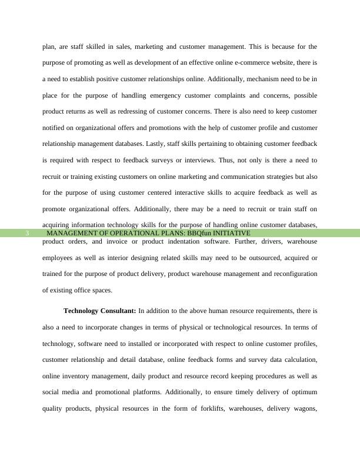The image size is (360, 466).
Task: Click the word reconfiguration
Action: click(289, 274)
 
